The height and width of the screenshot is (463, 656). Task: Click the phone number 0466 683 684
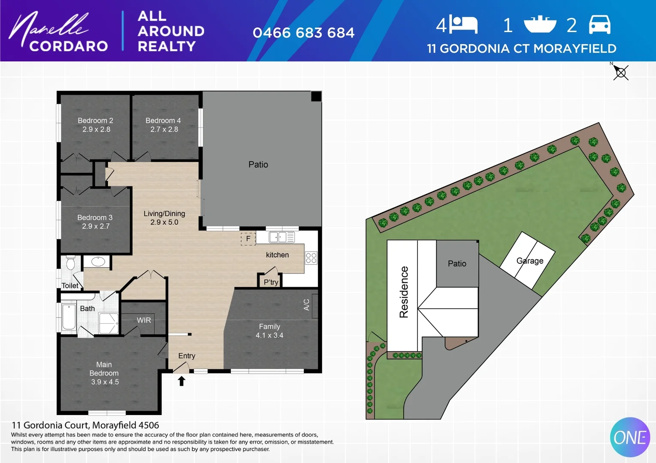(303, 33)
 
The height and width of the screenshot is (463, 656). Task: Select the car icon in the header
(599, 24)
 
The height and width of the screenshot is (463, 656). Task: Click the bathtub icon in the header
(540, 24)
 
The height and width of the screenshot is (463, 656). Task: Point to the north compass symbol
(620, 72)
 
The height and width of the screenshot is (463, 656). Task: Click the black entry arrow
(181, 381)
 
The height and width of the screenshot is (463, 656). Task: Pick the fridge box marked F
(248, 239)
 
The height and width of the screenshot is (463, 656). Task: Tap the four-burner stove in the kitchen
(311, 258)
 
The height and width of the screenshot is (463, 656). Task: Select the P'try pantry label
(271, 282)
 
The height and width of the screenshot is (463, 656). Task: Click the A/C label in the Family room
(306, 304)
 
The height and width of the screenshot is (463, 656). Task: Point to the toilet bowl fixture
(71, 263)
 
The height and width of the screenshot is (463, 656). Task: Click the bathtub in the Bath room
(69, 317)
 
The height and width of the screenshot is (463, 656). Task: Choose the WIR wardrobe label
(144, 320)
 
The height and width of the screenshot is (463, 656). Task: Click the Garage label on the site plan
(530, 261)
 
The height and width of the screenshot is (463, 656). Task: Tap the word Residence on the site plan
(404, 292)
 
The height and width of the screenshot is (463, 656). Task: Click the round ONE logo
(630, 437)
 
